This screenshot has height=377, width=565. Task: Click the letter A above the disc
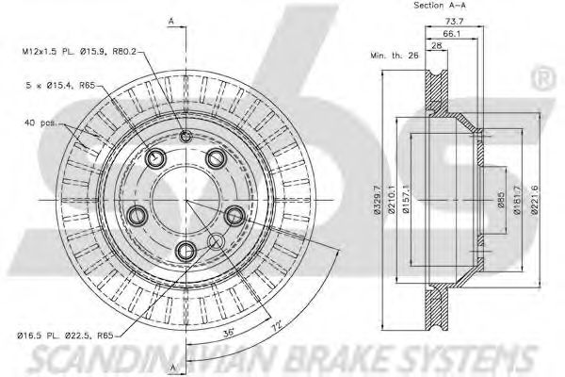click(x=170, y=20)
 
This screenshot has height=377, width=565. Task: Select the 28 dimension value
click(x=436, y=45)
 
